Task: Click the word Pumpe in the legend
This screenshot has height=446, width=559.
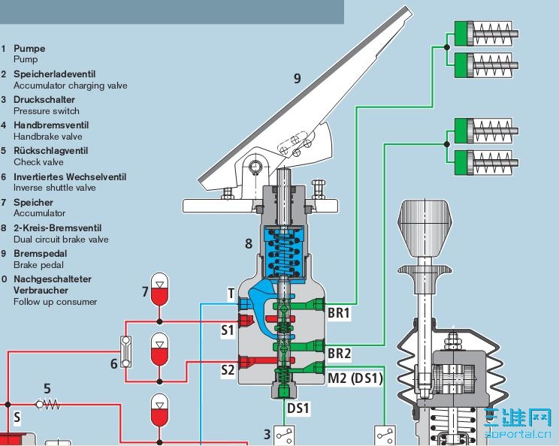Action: coord(29,48)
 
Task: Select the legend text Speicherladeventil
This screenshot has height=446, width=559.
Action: coord(54,74)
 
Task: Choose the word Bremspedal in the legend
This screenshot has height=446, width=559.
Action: coord(38,253)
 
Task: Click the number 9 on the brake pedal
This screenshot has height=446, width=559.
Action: coord(297,78)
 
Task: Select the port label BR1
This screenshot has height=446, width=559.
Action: coord(339,311)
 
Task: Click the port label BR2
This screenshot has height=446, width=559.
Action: coord(339,353)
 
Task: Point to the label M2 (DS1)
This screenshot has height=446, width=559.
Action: coord(355,379)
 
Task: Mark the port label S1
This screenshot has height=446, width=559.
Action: coord(228,329)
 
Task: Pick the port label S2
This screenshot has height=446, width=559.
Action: coord(228,369)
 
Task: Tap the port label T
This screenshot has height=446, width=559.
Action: coord(231,294)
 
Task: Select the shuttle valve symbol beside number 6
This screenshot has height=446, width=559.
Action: coord(126,351)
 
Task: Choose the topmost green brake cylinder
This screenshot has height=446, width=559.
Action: coord(485,33)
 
